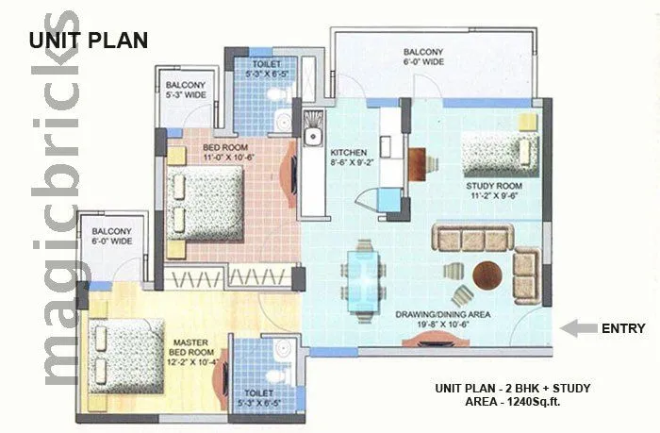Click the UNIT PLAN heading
[x=87, y=40]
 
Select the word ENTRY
[x=623, y=328]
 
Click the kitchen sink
[x=313, y=125]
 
